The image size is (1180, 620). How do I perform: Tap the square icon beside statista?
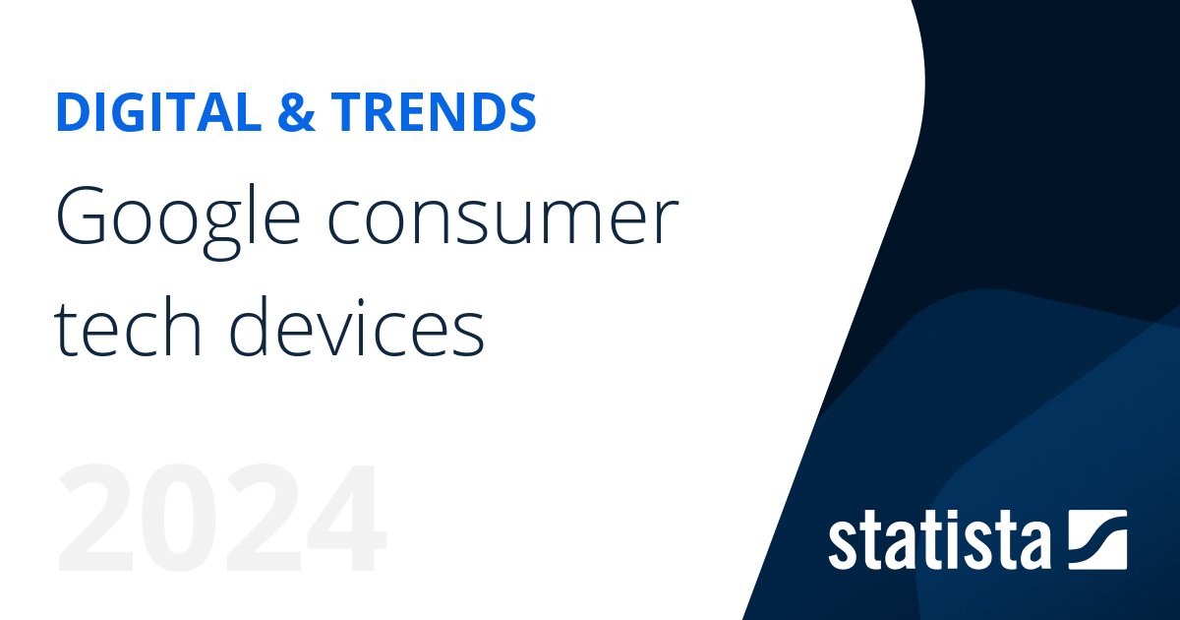tap(1096, 539)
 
